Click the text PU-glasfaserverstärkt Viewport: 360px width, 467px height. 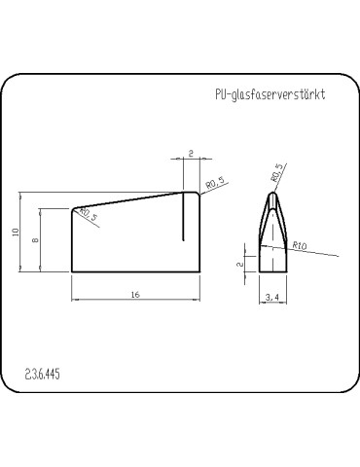269,97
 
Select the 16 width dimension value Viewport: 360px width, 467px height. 135,293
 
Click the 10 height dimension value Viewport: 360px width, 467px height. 17,232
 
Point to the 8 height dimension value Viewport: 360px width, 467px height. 34,239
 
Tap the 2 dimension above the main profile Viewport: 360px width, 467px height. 191,153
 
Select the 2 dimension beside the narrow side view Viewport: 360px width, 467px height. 240,262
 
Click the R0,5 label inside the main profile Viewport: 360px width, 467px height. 87,215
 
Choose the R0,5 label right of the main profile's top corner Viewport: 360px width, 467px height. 215,183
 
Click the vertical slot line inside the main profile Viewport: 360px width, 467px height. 186,216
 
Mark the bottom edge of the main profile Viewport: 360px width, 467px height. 135,271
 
